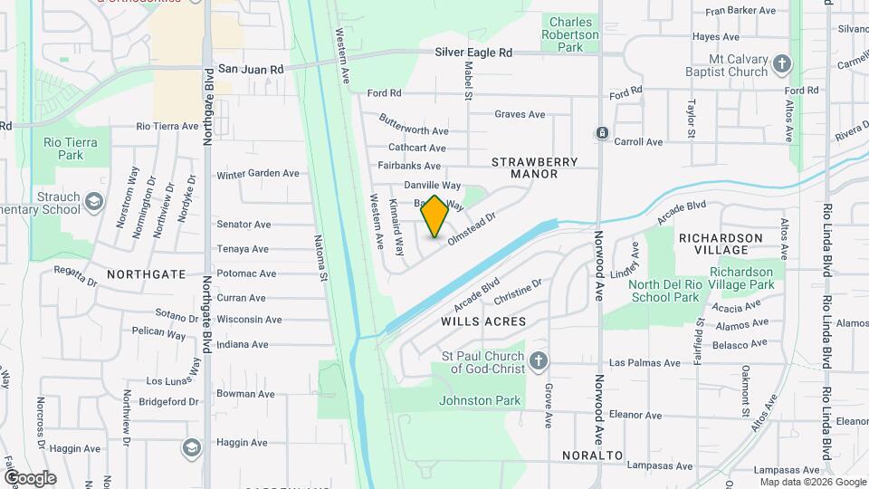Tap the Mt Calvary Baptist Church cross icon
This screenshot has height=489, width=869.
(782, 63)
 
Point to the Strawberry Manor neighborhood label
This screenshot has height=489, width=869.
(534, 168)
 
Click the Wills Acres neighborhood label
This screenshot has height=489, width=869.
(483, 321)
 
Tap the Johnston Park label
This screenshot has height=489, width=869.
(479, 400)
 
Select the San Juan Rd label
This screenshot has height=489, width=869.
(251, 69)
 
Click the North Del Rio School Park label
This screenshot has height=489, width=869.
(664, 290)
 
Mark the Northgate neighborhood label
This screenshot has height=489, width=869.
(147, 273)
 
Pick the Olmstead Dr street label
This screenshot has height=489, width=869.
(473, 226)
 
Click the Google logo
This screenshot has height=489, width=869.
(30, 477)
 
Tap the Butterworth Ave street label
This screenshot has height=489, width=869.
(413, 131)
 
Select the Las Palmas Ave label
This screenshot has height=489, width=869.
(645, 362)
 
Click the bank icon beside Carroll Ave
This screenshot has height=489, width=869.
(602, 133)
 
